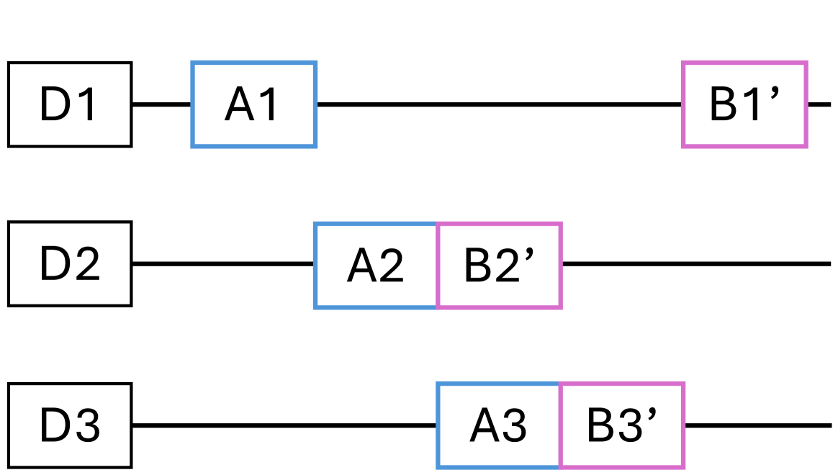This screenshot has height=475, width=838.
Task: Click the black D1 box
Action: (x=70, y=104)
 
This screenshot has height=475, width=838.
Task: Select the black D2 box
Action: (x=70, y=264)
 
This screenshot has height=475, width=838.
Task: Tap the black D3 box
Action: (x=70, y=425)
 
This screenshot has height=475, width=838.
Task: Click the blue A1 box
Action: (x=253, y=104)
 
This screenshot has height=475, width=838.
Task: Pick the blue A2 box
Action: (x=376, y=266)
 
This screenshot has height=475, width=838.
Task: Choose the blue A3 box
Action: (x=498, y=425)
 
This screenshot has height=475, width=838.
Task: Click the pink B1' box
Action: (x=744, y=104)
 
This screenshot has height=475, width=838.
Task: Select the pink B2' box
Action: (x=499, y=266)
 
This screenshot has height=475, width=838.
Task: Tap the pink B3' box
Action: (x=622, y=425)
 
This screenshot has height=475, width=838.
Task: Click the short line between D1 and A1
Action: (x=162, y=104)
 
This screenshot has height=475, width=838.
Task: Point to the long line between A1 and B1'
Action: (x=499, y=104)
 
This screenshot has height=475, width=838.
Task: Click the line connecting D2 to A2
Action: (x=223, y=264)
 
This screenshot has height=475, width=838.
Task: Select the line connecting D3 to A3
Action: (x=284, y=425)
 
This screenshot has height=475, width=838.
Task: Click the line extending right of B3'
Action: (x=757, y=425)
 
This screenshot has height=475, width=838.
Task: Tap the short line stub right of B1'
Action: (x=819, y=104)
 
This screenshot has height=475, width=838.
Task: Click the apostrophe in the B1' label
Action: (x=775, y=94)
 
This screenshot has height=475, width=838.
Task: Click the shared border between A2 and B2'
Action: (x=437, y=266)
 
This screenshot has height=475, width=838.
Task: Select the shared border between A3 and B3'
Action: (x=559, y=425)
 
